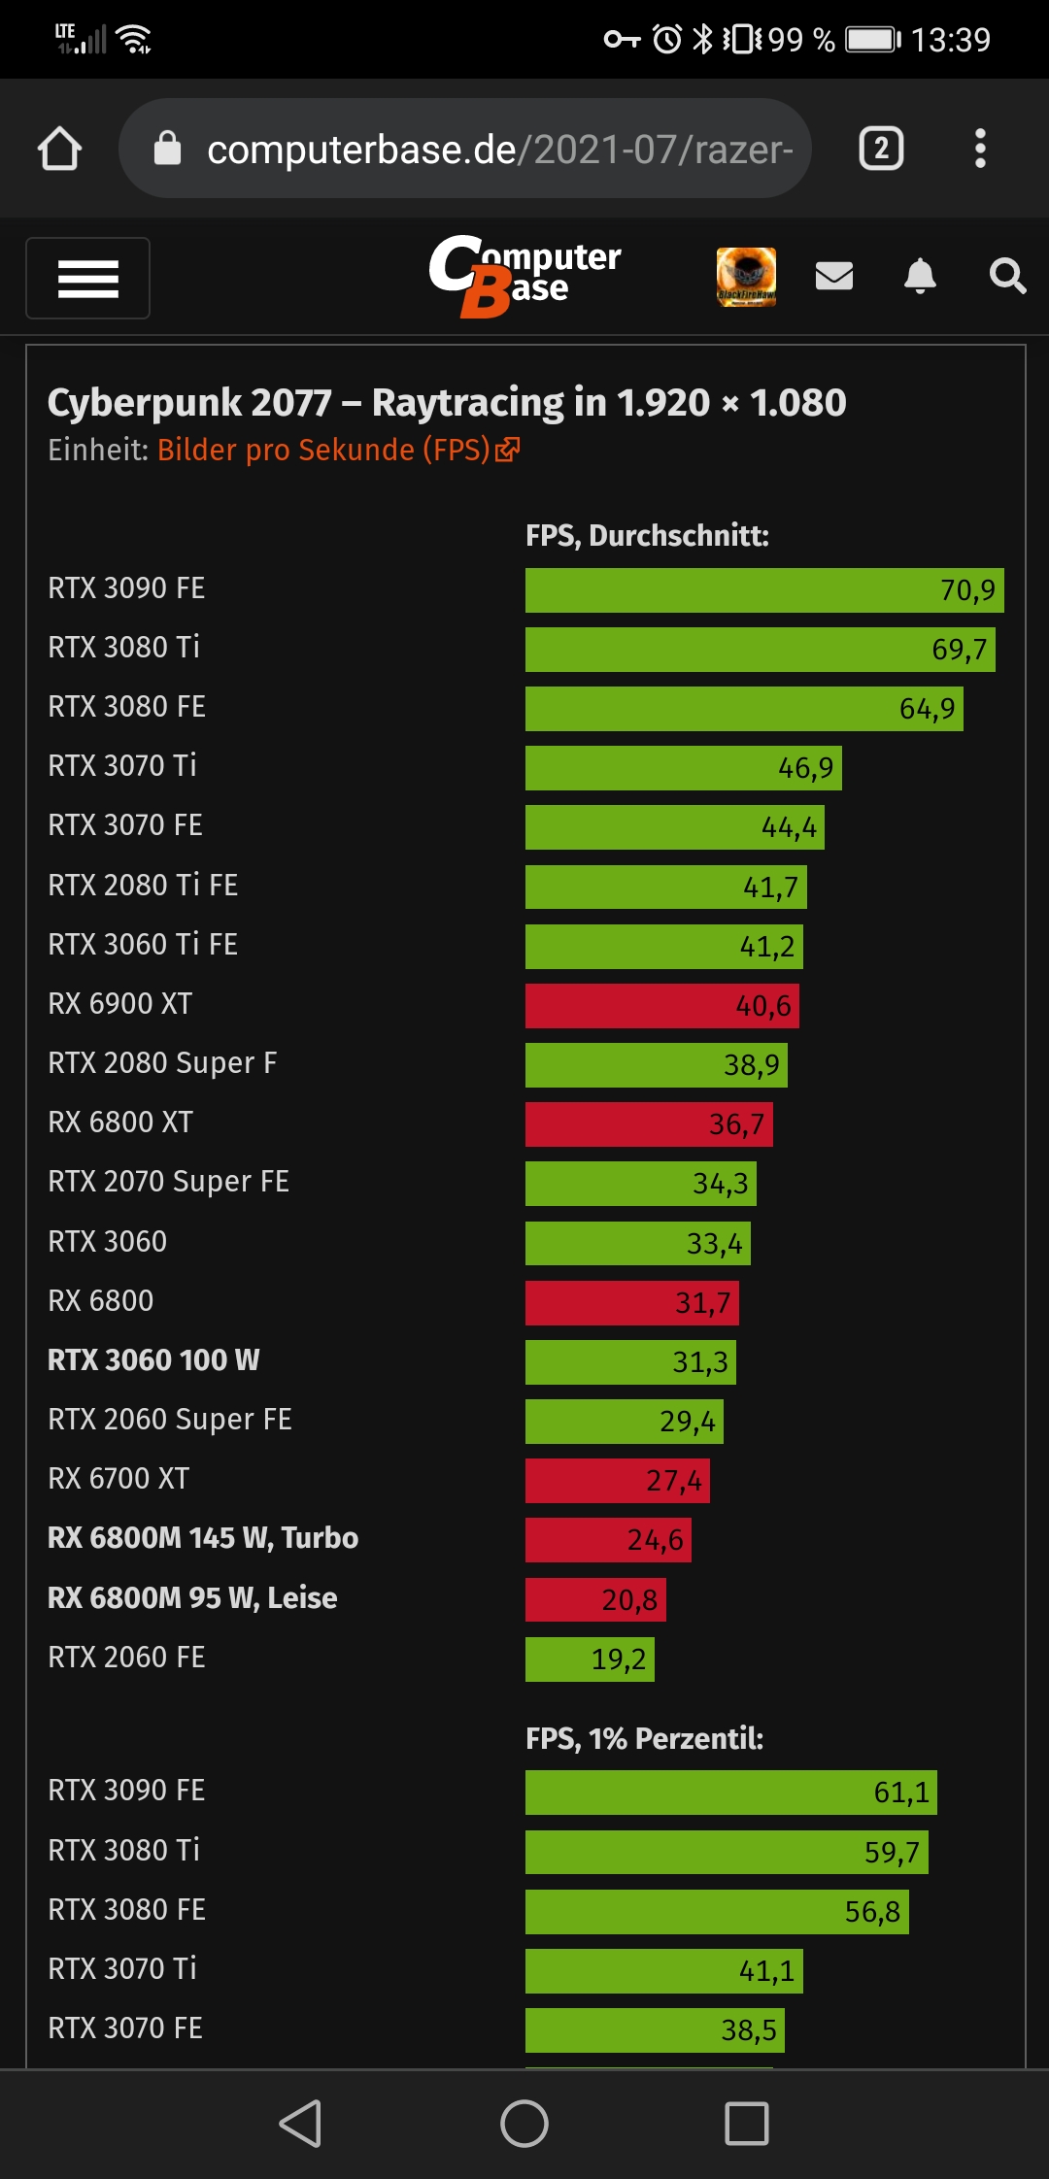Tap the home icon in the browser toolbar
[x=59, y=149]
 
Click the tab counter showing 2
[x=881, y=149]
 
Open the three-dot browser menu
[x=980, y=149]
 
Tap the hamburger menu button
[x=87, y=279]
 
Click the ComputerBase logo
[x=524, y=277]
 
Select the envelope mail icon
[x=833, y=277]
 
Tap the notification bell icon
[x=920, y=277]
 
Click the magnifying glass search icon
[x=1007, y=277]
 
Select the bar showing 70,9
[x=763, y=590]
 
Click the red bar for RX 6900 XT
[x=660, y=1006]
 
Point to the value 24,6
[x=656, y=1540]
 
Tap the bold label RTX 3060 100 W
[x=153, y=1360]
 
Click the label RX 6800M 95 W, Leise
[x=192, y=1598]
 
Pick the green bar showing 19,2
[x=589, y=1659]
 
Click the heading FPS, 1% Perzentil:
[x=644, y=1738]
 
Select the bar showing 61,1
[x=730, y=1793]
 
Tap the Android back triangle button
[x=300, y=2124]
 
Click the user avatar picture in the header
[x=746, y=277]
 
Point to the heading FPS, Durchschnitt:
[x=647, y=536]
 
